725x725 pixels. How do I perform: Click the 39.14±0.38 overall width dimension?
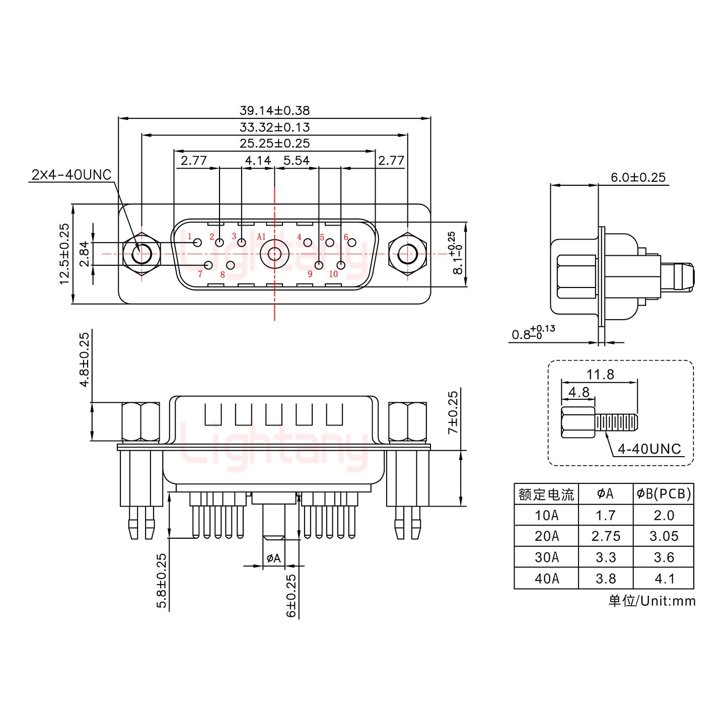coord(274,110)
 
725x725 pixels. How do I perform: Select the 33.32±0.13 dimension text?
coord(274,127)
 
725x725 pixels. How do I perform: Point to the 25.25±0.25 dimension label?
coord(274,143)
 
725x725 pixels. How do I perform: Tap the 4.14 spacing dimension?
coord(258,161)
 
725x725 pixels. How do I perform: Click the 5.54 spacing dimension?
coord(297,161)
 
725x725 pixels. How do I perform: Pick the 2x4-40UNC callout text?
coord(71,175)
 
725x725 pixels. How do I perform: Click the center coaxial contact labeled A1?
coord(274,254)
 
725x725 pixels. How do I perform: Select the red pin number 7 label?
coord(200,274)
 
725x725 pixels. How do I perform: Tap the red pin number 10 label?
coord(333,274)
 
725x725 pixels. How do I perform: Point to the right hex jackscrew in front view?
coord(407,254)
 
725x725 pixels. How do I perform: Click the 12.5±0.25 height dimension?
coord(64,254)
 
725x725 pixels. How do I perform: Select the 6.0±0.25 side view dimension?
coord(638,177)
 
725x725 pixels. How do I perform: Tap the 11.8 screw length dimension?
coord(600,375)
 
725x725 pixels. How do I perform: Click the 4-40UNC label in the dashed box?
coord(649,449)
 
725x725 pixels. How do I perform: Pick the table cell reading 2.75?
coord(606,536)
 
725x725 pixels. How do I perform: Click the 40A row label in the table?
coord(546,579)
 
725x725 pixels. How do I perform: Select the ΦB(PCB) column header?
coord(663,494)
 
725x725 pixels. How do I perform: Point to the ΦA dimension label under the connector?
coord(273,558)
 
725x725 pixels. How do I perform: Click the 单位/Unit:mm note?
coord(652,601)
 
